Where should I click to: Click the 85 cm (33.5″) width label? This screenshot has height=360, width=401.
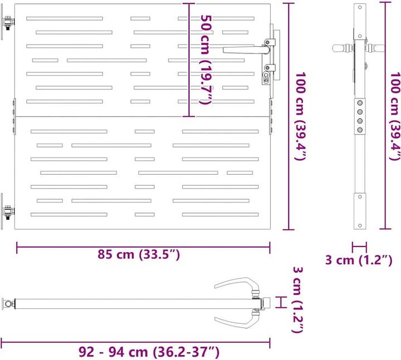click(139, 254)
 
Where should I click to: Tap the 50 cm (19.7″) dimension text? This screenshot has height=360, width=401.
click(206, 60)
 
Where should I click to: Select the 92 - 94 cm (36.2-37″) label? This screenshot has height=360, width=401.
click(149, 352)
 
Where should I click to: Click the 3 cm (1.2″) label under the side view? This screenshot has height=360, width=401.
click(359, 260)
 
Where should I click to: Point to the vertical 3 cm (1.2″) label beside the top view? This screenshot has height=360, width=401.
click(298, 300)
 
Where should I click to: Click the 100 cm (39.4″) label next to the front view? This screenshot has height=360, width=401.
click(301, 116)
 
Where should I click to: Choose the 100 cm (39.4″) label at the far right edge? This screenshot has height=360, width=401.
click(395, 116)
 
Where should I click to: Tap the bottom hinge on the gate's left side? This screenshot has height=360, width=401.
click(8, 211)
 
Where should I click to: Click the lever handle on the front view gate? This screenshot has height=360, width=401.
click(246, 50)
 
